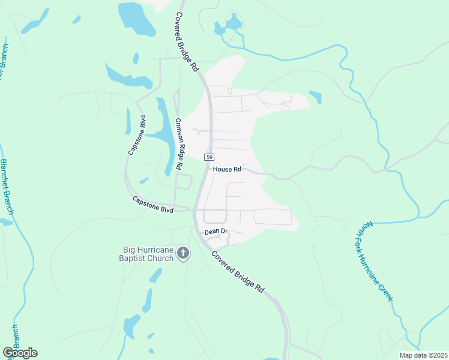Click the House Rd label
(x=227, y=170)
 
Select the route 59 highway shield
(x=209, y=157)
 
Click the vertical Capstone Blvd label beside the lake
(x=137, y=135)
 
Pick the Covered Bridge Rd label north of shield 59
(x=187, y=42)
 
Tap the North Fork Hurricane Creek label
(x=379, y=260)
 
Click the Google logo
(x=20, y=353)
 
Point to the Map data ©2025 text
(x=423, y=355)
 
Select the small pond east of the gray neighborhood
(x=315, y=97)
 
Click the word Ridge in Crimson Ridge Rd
(x=179, y=145)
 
